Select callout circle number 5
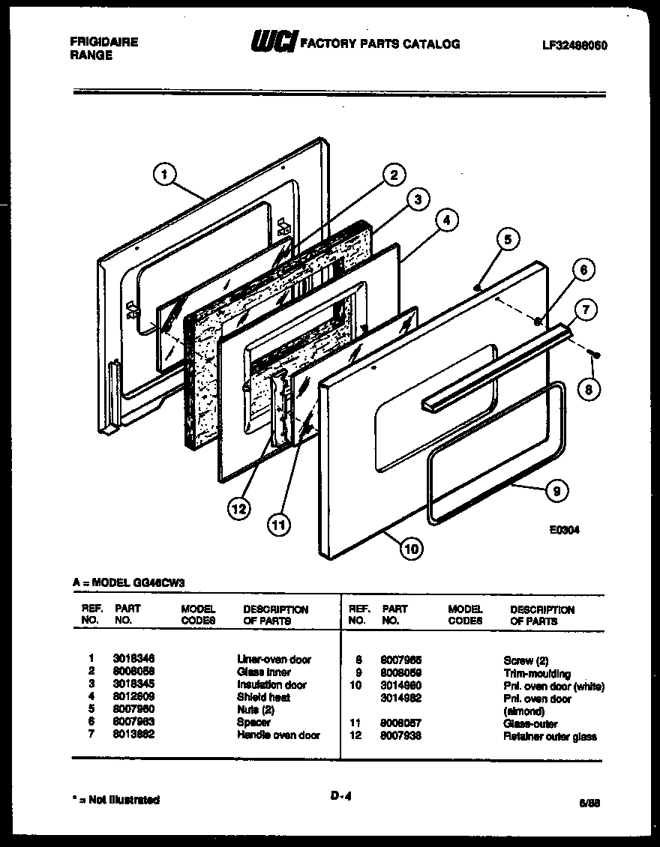coord(508,240)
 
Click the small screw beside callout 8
coord(596,352)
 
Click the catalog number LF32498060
coord(574,45)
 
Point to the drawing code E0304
coord(565,528)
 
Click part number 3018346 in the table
coord(133,659)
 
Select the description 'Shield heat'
coord(263,697)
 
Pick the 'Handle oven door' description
coord(278,735)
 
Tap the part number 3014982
coord(401,698)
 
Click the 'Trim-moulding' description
coord(537,673)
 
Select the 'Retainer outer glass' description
coord(550,736)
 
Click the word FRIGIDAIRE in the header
coord(103,42)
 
